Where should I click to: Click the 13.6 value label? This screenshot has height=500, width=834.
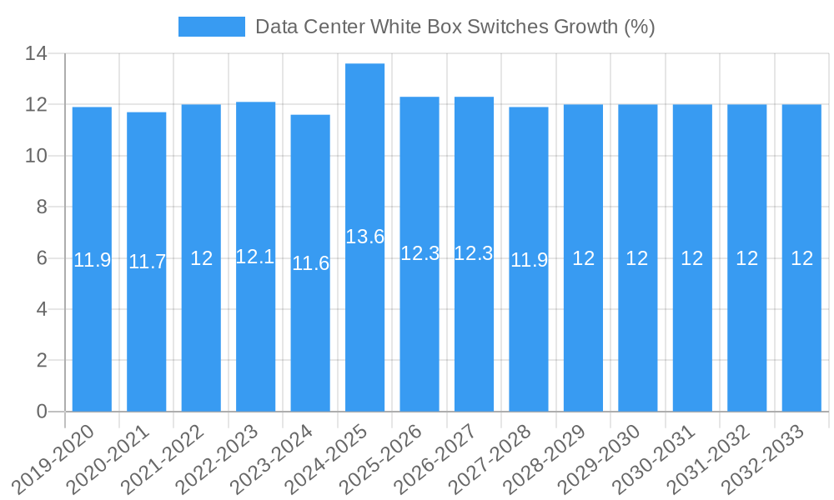tap(364, 237)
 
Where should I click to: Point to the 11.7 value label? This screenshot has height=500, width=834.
tap(147, 262)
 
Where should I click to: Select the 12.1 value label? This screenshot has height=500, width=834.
tap(255, 257)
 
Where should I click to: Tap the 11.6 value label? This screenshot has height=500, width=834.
tap(310, 263)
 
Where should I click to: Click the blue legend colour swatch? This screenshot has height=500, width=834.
tap(212, 27)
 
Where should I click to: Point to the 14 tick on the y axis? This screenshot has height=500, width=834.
tap(37, 54)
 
